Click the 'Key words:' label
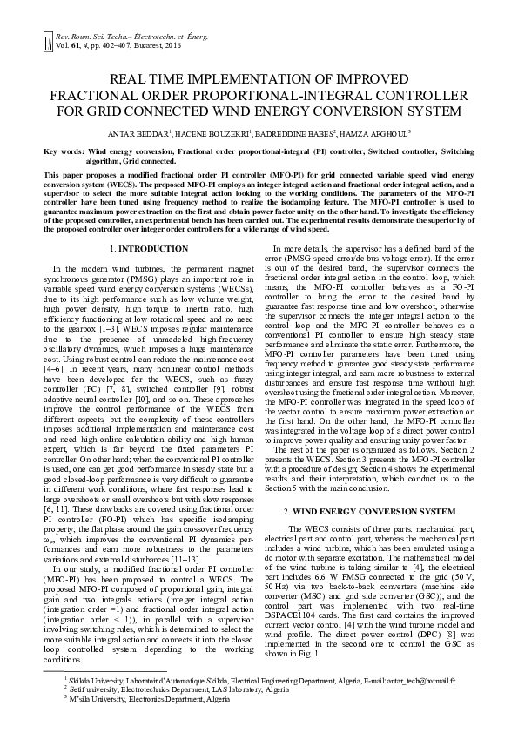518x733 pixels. tap(64, 151)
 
